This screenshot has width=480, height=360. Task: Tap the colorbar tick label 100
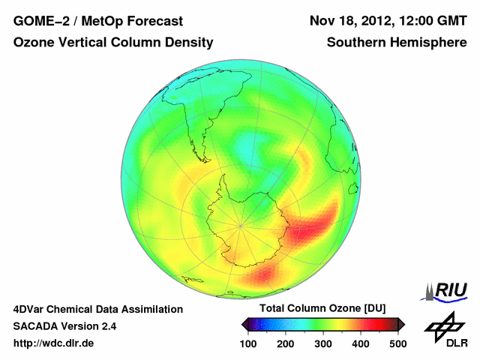248,343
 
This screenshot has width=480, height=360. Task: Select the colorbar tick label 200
286,343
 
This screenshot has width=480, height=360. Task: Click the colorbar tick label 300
323,343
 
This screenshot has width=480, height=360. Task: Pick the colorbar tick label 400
361,343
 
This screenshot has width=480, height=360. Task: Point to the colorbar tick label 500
397,343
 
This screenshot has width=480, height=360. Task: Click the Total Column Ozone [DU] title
322,309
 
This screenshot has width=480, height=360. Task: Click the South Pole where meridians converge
241,224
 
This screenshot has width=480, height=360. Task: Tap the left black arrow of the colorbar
244,324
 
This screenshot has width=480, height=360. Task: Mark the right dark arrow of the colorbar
401,324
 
